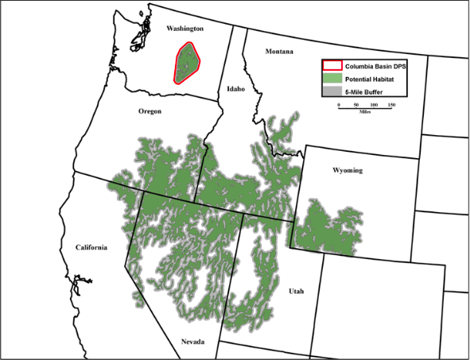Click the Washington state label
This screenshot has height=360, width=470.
pyautogui.click(x=185, y=29)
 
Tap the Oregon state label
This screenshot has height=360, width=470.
pyautogui.click(x=150, y=111)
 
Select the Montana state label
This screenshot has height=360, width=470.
pyautogui.click(x=279, y=52)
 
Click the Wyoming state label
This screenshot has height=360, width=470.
pyautogui.click(x=348, y=170)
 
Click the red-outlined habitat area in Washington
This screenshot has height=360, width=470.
pyautogui.click(x=187, y=62)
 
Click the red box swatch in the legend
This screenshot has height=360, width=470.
pyautogui.click(x=332, y=66)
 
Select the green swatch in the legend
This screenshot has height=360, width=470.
pyautogui.click(x=332, y=79)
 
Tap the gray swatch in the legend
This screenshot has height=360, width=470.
pyautogui.click(x=332, y=91)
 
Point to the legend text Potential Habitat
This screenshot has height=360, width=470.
pyautogui.click(x=371, y=79)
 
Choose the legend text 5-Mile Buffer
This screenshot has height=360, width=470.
pyautogui.click(x=367, y=91)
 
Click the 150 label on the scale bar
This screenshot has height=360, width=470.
pyautogui.click(x=391, y=104)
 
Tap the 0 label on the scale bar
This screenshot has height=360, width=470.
pyautogui.click(x=339, y=104)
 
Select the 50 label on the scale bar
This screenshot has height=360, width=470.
pyautogui.click(x=356, y=104)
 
